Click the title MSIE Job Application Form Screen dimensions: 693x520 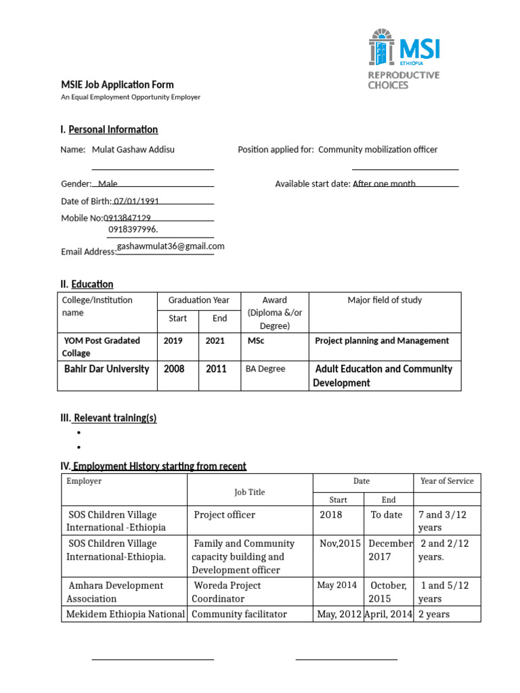pos(118,85)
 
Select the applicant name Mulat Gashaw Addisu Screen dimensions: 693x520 pos(133,150)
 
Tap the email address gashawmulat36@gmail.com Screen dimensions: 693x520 pos(171,247)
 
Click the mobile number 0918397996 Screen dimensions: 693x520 pos(133,229)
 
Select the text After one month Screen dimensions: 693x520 pos(384,184)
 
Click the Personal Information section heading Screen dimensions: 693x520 pos(113,129)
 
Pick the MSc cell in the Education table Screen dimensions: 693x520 pos(256,341)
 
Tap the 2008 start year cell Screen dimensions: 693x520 pos(174,369)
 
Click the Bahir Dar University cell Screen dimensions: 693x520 pos(106,369)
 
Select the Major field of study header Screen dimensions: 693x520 pos(384,300)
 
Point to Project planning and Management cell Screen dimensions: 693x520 pos(382,341)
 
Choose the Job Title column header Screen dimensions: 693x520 pos(250,492)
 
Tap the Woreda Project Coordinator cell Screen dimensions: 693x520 pos(226,591)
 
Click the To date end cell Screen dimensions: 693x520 pos(387,515)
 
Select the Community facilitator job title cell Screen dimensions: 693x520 pos(240,614)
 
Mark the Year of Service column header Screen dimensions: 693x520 pos(447,481)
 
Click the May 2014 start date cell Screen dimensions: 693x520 pos(337,585)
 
